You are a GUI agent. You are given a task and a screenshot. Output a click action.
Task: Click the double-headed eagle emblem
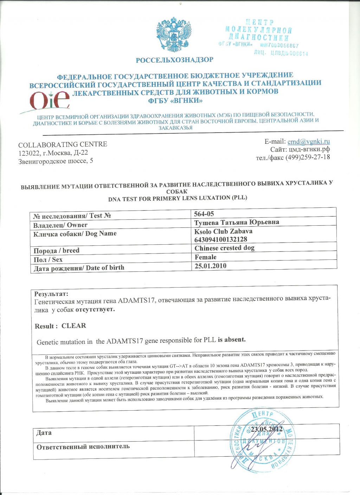point(174,35)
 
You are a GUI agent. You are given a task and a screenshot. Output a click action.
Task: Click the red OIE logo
point(49,100)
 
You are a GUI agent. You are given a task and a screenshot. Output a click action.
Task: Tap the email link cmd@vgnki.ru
point(309,142)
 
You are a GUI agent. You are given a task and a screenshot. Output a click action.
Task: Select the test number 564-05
point(204,214)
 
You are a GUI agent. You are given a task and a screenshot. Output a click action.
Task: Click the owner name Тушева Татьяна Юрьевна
point(237,222)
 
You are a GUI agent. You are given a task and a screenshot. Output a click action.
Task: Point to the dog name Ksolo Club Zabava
point(223,231)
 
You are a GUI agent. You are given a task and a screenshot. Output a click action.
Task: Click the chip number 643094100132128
point(221,239)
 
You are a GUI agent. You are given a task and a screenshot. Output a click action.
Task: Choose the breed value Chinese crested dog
point(224,248)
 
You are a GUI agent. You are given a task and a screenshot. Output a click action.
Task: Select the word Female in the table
point(206,257)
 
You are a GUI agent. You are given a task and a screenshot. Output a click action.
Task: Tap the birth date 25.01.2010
point(211,266)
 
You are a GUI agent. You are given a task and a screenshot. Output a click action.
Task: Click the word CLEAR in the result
point(74,326)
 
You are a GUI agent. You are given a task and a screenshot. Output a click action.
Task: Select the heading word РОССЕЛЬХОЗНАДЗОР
point(174,60)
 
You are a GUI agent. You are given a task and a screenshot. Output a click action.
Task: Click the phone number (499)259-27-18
point(308,157)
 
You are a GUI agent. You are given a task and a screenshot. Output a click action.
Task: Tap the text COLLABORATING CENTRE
point(63,144)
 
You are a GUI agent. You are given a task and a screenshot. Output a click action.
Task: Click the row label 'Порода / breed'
point(56,251)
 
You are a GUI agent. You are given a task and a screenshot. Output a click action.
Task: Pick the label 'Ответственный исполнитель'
point(83,446)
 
